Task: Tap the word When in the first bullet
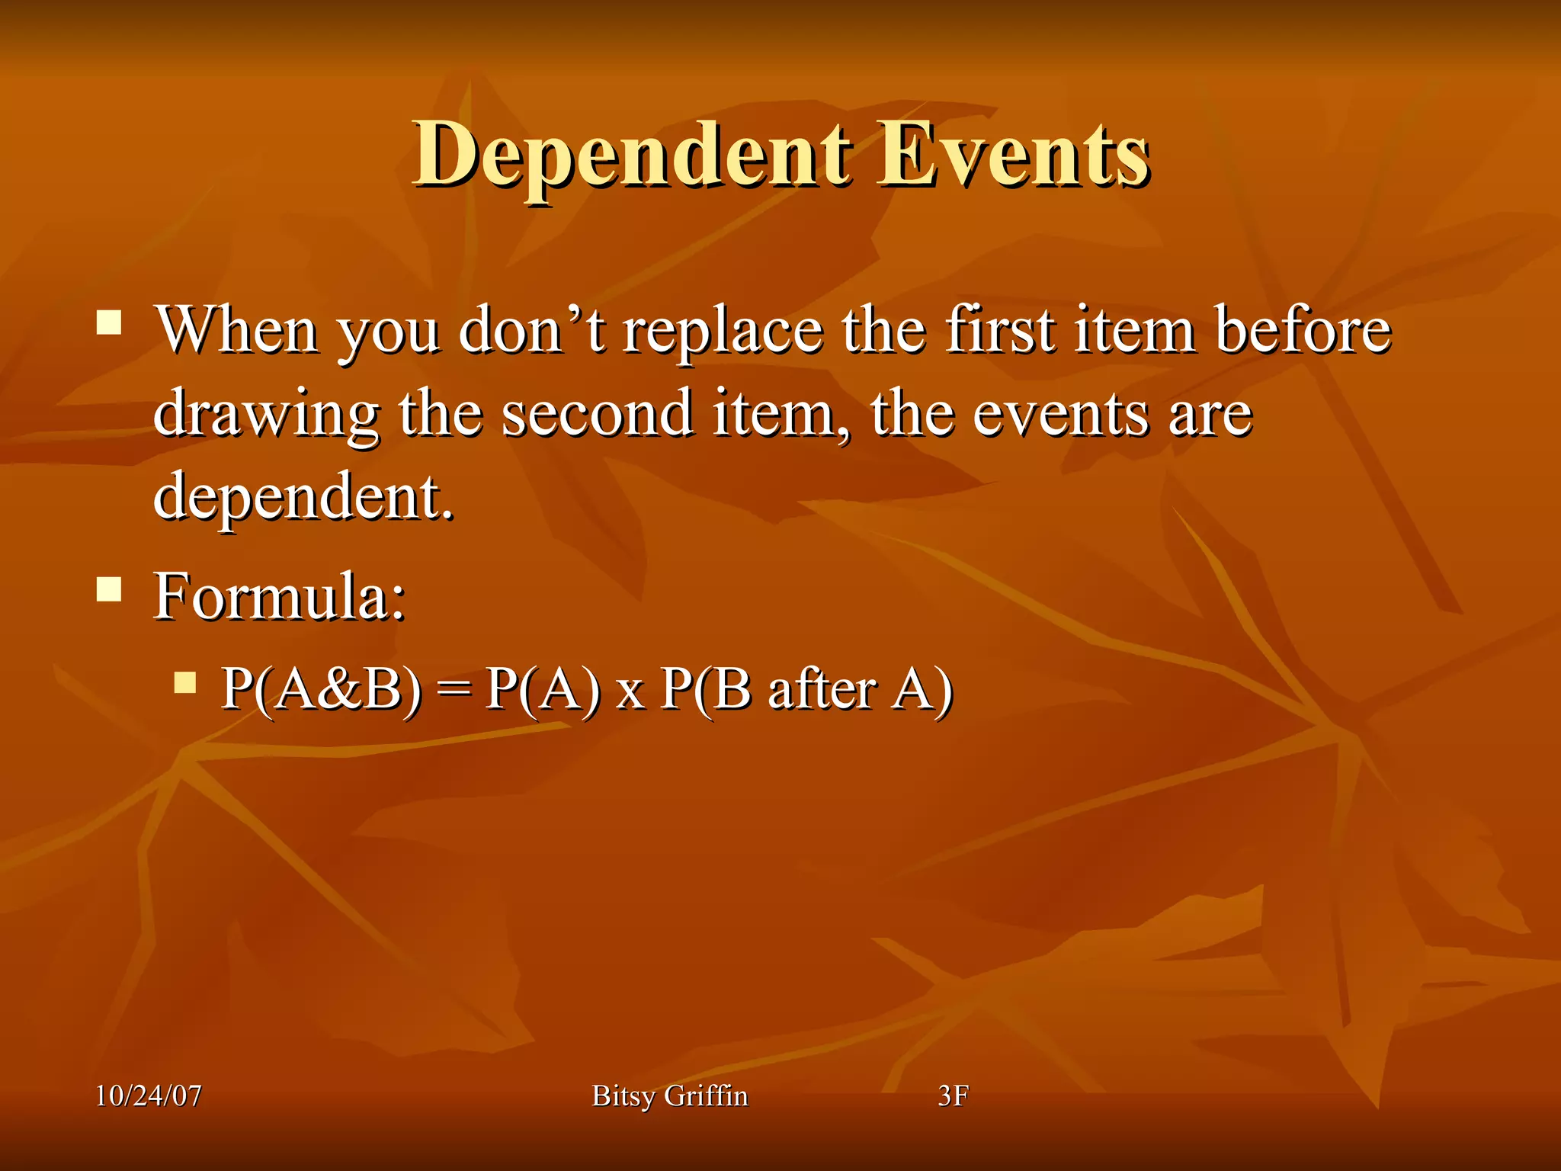click(x=237, y=329)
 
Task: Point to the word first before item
click(x=1001, y=329)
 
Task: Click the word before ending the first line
click(x=1303, y=329)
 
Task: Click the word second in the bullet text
click(x=597, y=413)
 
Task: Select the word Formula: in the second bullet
click(x=279, y=596)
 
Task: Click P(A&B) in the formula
click(x=320, y=689)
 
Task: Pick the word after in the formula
click(x=822, y=689)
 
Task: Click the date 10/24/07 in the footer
click(x=149, y=1096)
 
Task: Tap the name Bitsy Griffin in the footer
click(x=670, y=1096)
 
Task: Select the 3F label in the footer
click(x=953, y=1096)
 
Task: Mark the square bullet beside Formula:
click(x=109, y=589)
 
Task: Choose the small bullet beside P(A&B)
click(x=184, y=682)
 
